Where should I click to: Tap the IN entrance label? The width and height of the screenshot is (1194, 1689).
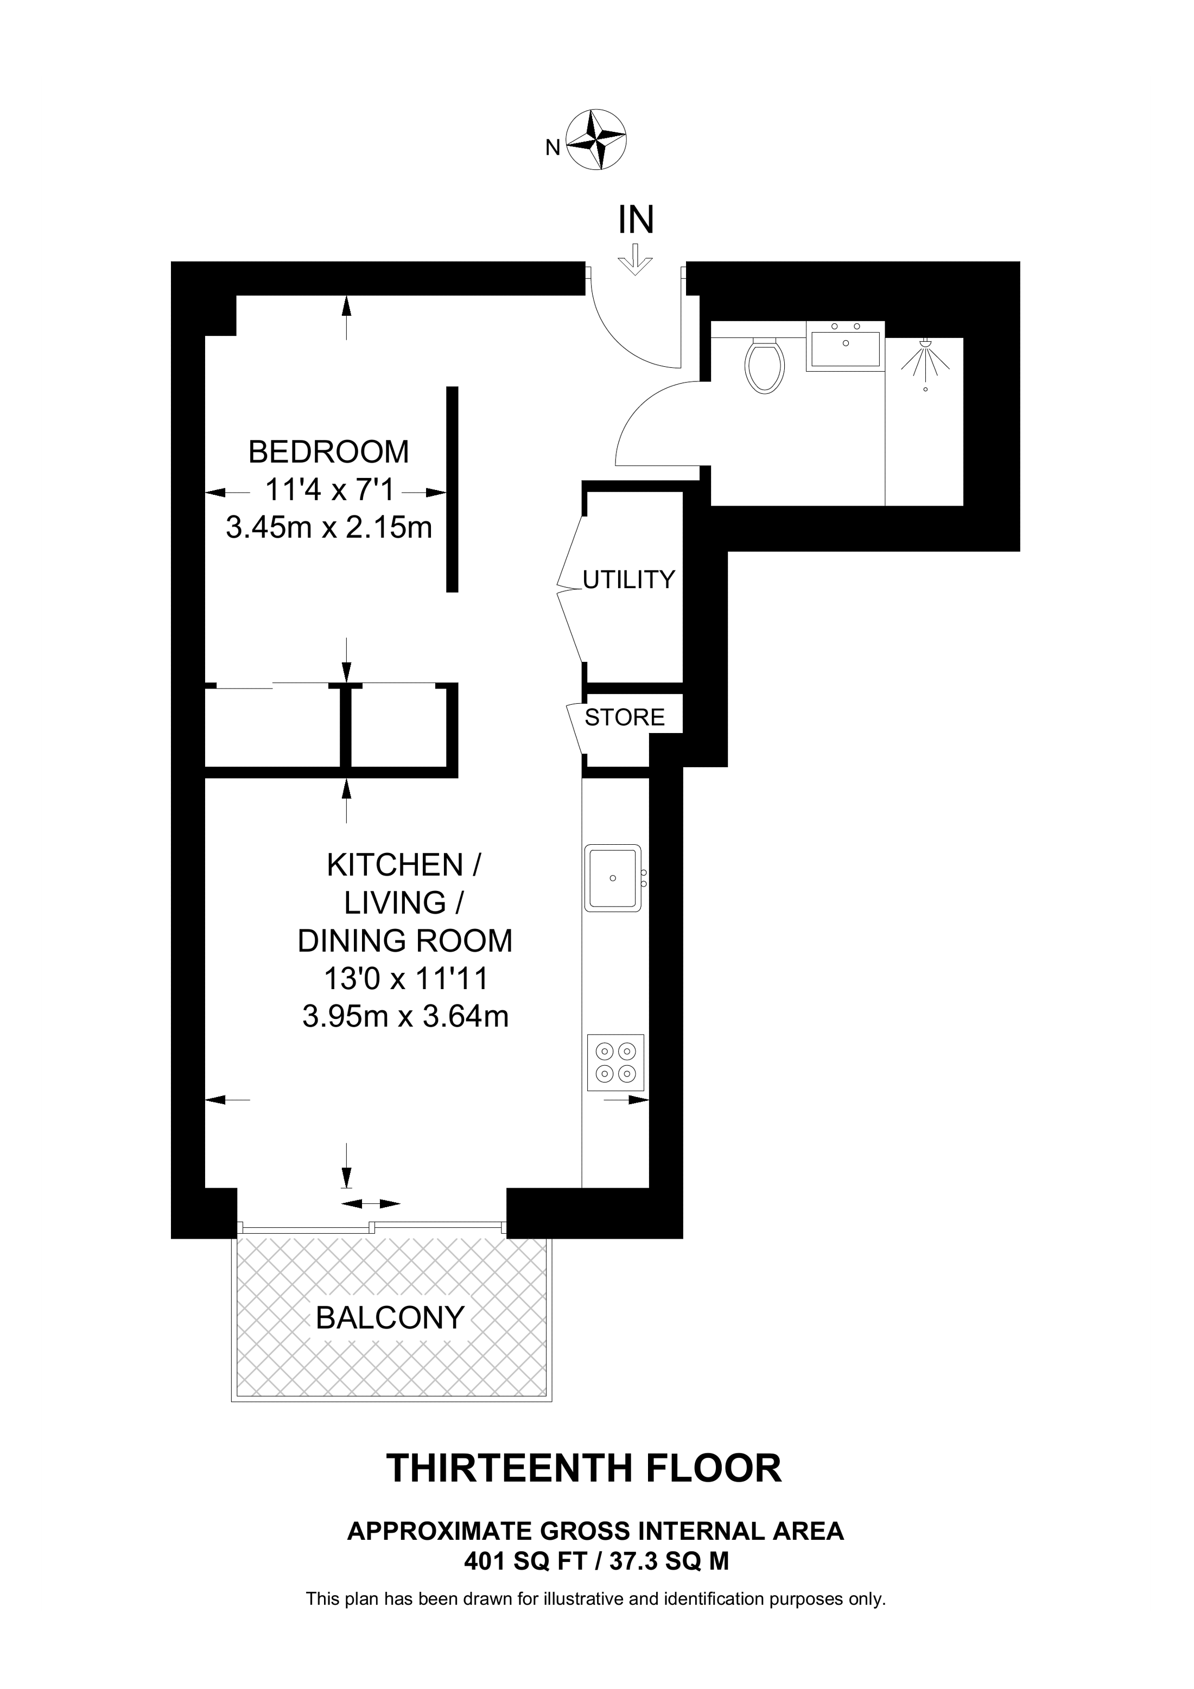(x=637, y=220)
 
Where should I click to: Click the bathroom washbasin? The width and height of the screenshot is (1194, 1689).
(x=844, y=347)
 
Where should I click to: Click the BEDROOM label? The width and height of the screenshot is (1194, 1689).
(x=328, y=451)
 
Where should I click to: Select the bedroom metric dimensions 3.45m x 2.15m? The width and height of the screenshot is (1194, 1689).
(x=328, y=527)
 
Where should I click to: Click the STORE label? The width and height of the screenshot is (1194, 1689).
(x=625, y=717)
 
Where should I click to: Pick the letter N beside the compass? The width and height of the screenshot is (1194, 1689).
(x=552, y=148)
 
